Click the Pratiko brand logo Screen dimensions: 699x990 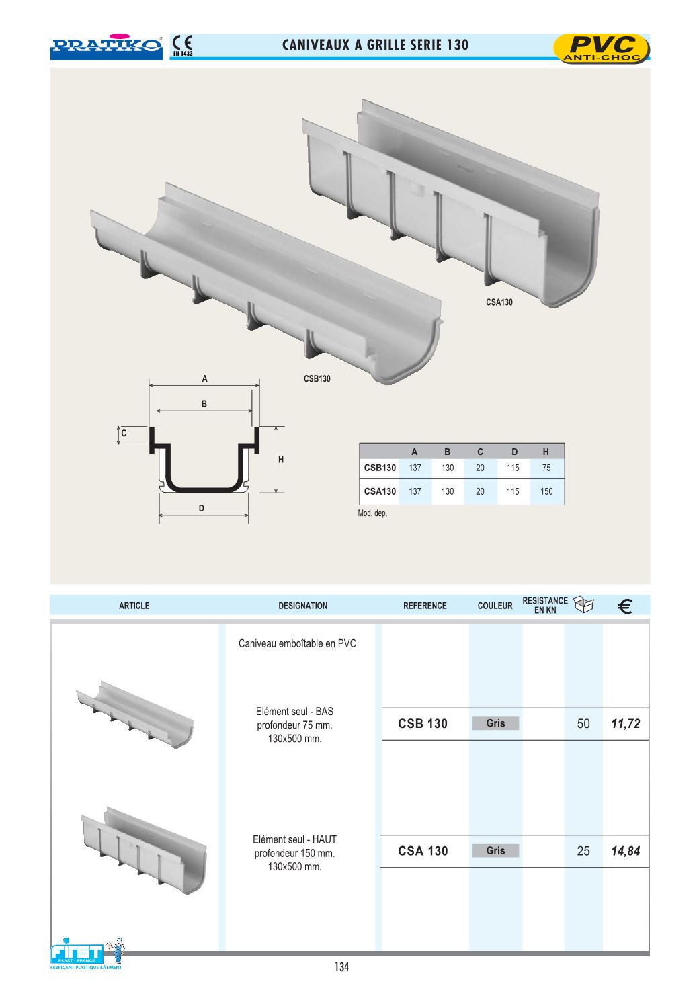(106, 46)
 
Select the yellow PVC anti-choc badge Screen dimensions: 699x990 (602, 48)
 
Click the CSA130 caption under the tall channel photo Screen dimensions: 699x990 (499, 302)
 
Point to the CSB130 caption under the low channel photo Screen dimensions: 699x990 (317, 379)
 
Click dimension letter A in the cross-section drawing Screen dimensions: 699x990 (204, 379)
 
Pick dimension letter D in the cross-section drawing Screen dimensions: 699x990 (202, 508)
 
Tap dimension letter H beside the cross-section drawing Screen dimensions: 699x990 (280, 460)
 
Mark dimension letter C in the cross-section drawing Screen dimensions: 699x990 (124, 433)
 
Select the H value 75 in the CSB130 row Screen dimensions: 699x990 (546, 468)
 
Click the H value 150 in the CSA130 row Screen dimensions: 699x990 (546, 491)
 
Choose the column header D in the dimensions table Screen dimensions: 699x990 (514, 452)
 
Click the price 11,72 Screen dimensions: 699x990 (625, 723)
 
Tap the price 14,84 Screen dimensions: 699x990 (625, 851)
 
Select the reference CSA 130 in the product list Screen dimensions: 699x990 (423, 851)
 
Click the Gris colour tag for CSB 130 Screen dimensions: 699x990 (495, 723)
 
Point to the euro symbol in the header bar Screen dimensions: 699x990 (625, 606)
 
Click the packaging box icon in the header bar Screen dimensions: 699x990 (583, 604)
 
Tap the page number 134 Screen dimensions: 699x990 (341, 967)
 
